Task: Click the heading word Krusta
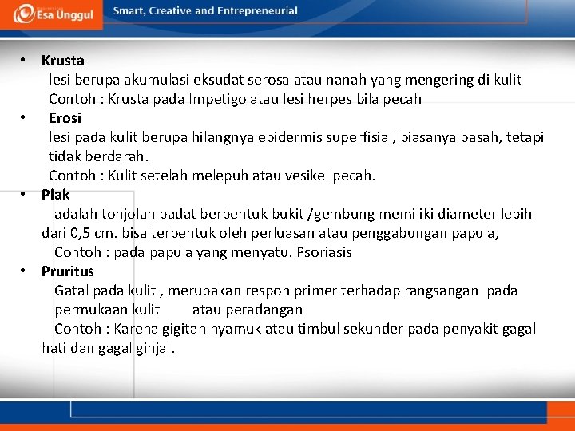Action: pyautogui.click(x=63, y=61)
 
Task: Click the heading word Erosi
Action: pyautogui.click(x=65, y=118)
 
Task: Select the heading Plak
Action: pyautogui.click(x=56, y=195)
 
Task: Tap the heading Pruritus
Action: pyautogui.click(x=68, y=271)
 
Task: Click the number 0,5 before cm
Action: pyautogui.click(x=81, y=233)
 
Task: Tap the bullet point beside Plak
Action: pyautogui.click(x=25, y=195)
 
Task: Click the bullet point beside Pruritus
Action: pyautogui.click(x=25, y=271)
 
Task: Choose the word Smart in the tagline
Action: pyautogui.click(x=129, y=11)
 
